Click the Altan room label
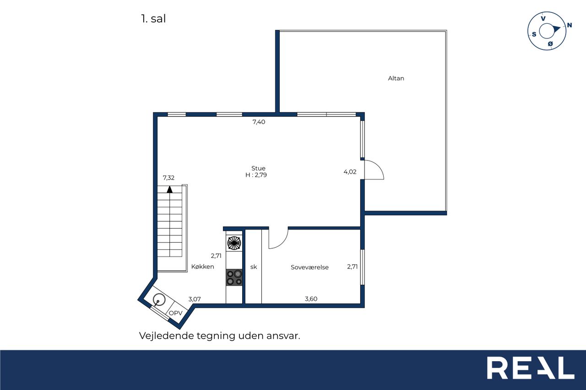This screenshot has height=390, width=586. [x=396, y=78]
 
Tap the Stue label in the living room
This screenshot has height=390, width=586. [x=258, y=168]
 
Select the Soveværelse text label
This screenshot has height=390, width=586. [x=309, y=267]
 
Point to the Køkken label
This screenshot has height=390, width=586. [x=202, y=267]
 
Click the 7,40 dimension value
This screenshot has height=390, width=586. [x=259, y=122]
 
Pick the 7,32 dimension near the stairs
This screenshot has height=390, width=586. [x=168, y=178]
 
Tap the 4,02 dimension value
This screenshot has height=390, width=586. [x=350, y=172]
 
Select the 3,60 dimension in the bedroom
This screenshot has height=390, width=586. [x=311, y=299]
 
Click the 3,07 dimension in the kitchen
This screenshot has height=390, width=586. [x=195, y=299]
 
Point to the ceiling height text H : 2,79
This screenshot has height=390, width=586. [x=256, y=175]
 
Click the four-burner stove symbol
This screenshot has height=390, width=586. [x=234, y=278]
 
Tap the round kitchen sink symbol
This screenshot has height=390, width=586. [x=159, y=299]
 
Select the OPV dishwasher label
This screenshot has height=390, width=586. [x=175, y=313]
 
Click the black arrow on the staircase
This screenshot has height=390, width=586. [x=170, y=189]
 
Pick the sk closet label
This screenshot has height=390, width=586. [x=254, y=267]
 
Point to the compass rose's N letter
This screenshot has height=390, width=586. [x=569, y=25]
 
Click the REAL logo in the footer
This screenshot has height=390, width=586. [x=531, y=368]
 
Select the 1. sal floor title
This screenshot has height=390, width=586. [x=153, y=19]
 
